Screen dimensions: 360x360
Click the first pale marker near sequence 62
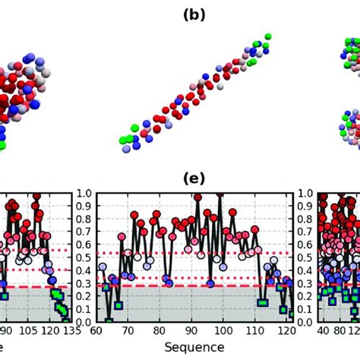[x=103, y=267]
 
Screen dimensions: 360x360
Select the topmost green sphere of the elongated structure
[x=267, y=36]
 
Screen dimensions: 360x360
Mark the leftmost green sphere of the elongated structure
[x=122, y=141]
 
